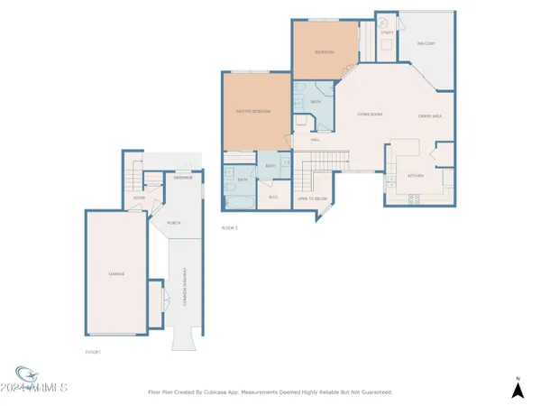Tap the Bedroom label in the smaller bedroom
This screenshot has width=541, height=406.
coord(324,52)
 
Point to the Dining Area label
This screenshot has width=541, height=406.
coord(429,115)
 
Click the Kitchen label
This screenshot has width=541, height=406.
coord(417,175)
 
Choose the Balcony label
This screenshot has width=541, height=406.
coord(426,43)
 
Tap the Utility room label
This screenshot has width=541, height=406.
coord(386,32)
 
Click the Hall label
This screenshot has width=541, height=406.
coord(316,140)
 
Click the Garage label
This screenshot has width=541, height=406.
coord(117,273)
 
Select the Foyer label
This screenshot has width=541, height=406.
coord(140,198)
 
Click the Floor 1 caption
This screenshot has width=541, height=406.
coord(92,351)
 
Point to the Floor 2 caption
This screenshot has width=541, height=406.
coord(229,228)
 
